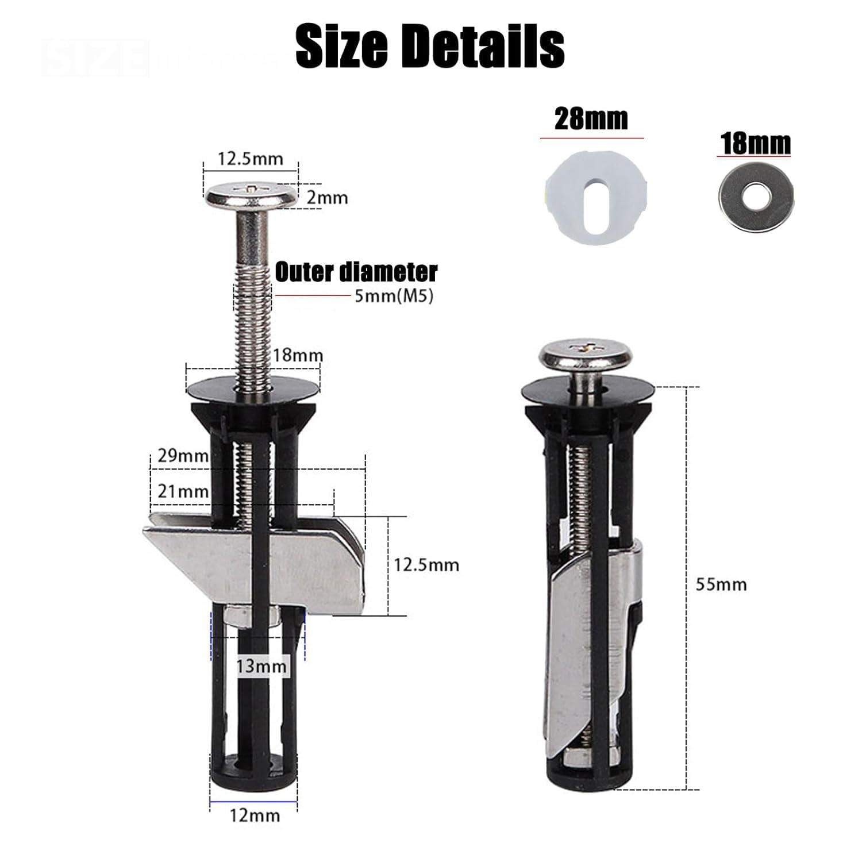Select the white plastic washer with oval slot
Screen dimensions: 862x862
596,197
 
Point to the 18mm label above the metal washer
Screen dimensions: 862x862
756,143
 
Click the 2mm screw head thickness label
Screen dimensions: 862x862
326,198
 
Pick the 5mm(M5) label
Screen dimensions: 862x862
393,297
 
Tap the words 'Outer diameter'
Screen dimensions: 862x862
356,272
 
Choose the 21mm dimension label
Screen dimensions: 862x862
182,492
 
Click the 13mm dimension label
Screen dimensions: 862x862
261,667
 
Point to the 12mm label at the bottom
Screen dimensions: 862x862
254,815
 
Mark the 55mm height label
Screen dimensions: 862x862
721,584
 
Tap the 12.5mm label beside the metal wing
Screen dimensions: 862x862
426,565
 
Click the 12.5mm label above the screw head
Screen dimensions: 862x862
250,159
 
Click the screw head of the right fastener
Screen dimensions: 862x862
587,355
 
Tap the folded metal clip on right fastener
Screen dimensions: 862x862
592,632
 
